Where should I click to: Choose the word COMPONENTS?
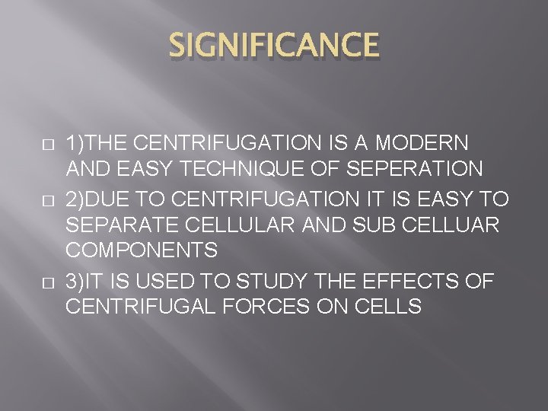(x=142, y=250)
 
